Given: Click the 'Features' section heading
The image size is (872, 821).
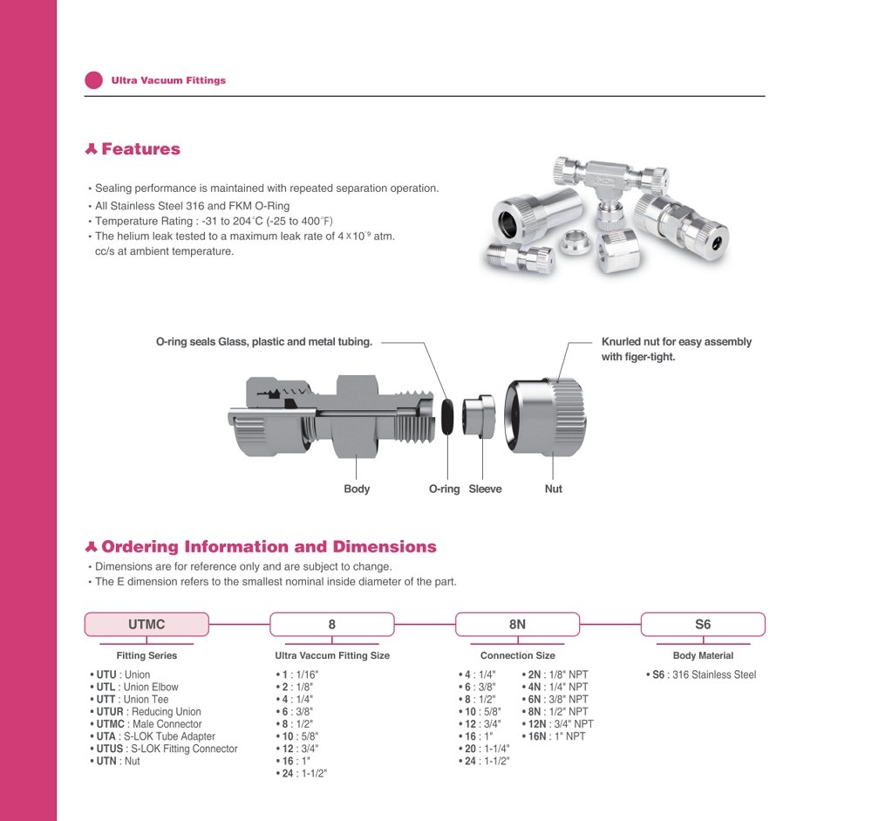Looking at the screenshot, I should click(140, 149).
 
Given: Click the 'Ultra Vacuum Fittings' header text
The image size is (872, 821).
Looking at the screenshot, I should click(168, 80).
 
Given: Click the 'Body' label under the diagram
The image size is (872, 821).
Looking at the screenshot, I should click(357, 489).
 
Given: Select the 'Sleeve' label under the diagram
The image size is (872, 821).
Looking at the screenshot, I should click(485, 489).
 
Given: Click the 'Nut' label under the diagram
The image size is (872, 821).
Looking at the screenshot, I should click(554, 489).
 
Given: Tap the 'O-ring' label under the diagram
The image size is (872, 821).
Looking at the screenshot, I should click(444, 489).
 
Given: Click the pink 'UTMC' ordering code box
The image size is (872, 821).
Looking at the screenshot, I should click(146, 625).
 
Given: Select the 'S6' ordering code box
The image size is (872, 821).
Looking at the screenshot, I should click(703, 625).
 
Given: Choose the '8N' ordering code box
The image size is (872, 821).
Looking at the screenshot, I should click(517, 625).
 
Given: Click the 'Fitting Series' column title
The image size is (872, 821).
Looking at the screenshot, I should click(146, 655).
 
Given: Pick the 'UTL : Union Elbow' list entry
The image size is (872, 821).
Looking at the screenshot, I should click(137, 688).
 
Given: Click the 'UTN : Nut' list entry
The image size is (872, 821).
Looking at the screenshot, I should click(118, 761).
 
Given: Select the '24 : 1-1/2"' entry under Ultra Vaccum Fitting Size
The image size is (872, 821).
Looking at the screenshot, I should click(304, 773).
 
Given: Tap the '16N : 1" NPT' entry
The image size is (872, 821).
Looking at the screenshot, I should click(557, 736).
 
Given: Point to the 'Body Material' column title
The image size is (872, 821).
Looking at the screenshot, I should click(703, 655).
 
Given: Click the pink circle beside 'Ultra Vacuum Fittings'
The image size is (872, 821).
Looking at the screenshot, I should click(93, 80).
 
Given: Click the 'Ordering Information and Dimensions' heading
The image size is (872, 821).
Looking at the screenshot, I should click(269, 547).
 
